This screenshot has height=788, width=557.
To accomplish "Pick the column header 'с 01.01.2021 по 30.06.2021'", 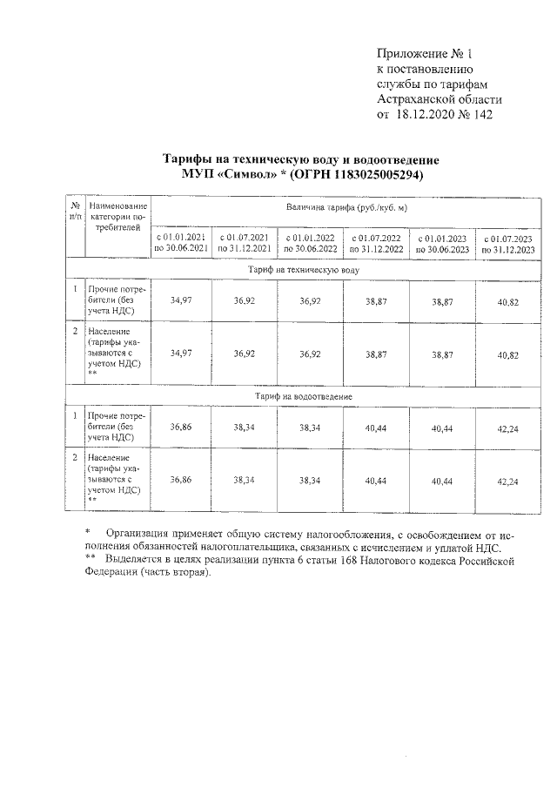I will point(181,242).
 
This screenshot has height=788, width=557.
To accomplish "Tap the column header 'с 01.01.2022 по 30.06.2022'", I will point(310,242).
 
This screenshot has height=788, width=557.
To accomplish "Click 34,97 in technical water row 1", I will point(181,300).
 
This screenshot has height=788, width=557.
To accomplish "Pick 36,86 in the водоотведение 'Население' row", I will point(181,480).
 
